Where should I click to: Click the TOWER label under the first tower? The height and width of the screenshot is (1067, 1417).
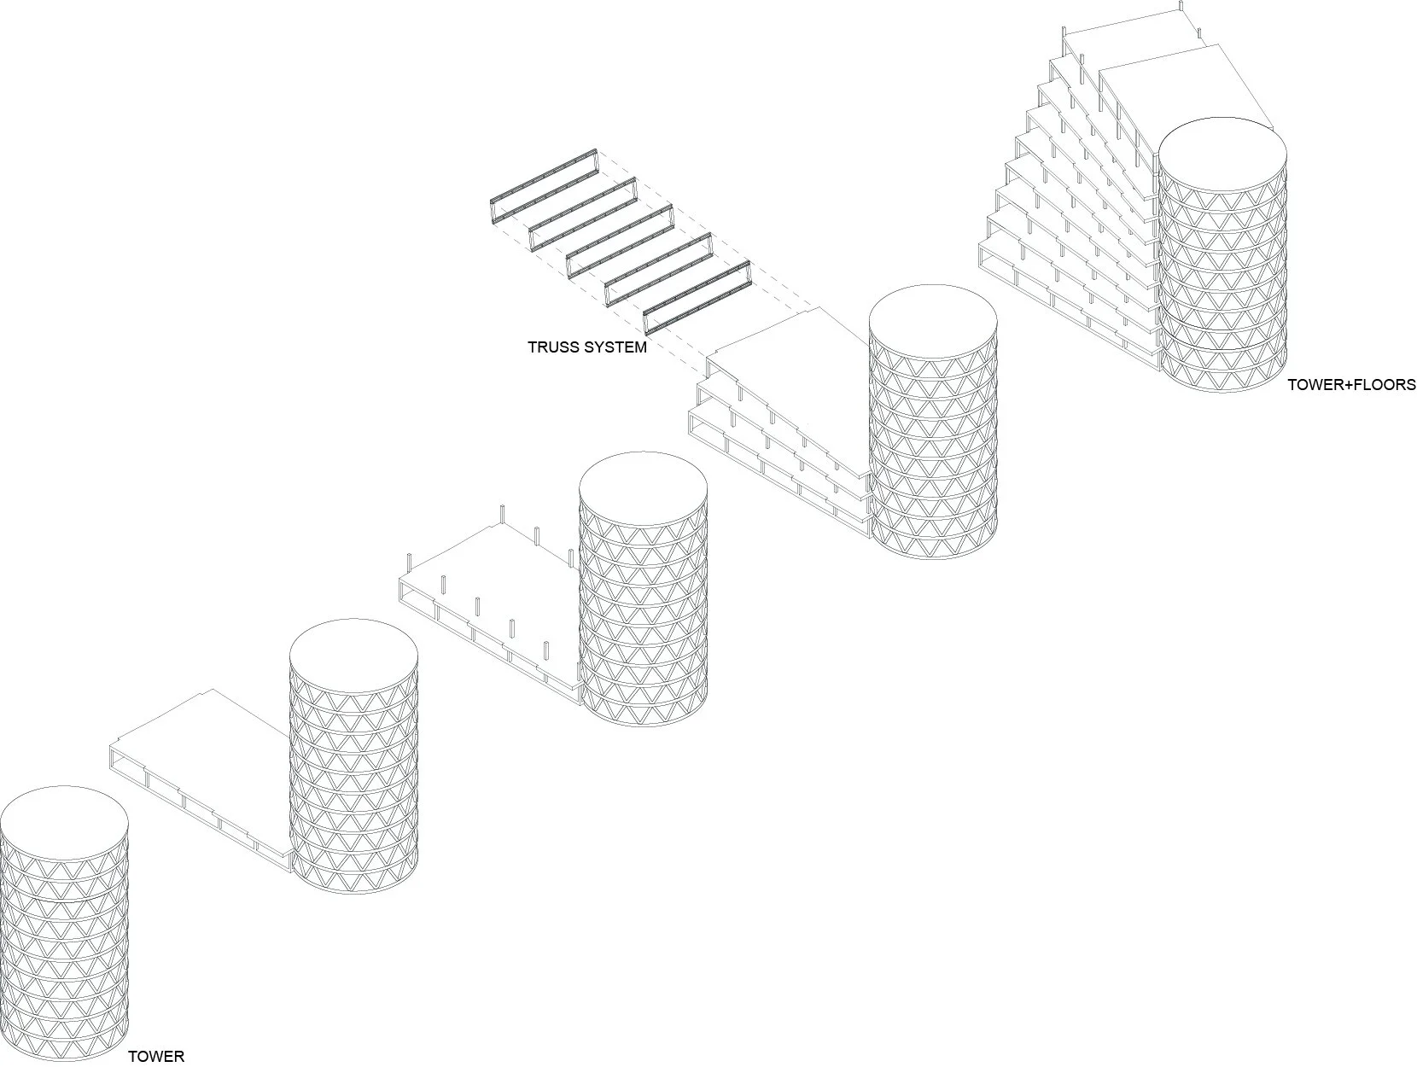click(x=155, y=1057)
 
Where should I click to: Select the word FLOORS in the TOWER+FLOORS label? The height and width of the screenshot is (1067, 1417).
click(x=1380, y=384)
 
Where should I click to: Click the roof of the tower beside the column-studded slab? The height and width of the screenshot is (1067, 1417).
click(x=643, y=491)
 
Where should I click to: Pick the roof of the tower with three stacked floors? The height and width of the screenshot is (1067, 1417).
click(x=933, y=324)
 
